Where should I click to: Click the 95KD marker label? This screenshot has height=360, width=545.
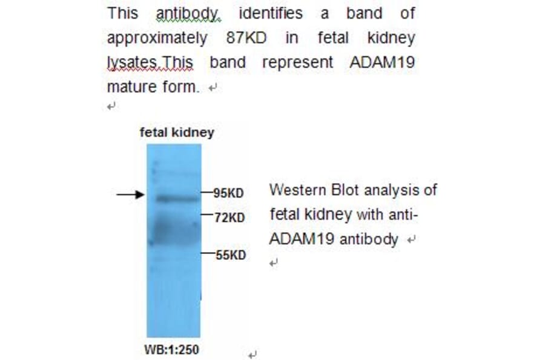228,193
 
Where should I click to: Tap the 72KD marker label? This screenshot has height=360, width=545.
230,217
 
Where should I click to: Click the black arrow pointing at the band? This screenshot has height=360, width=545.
131,194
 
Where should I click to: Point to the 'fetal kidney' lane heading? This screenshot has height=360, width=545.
177,132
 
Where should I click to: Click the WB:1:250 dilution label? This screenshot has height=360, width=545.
171,350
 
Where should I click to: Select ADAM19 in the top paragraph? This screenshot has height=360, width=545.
382,62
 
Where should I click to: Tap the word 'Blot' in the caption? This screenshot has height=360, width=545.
346,190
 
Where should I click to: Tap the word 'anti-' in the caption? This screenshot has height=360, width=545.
403,215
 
